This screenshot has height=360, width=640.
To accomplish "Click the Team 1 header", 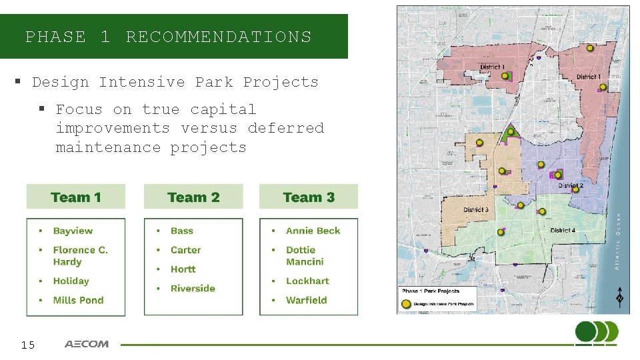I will click(75, 197).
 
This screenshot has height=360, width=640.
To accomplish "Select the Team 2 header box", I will click(193, 197).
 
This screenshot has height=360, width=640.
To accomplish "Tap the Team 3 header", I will click(309, 197).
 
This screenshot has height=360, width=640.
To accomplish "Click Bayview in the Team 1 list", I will click(73, 231).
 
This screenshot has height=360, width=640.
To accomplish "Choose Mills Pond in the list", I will click(78, 300).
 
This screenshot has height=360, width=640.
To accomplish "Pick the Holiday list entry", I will click(71, 281).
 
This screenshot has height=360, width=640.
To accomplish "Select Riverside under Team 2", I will click(193, 288).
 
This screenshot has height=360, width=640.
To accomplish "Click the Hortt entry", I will click(183, 269).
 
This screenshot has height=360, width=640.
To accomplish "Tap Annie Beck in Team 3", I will click(313, 231).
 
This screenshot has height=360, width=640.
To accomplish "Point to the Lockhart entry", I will click(307, 281).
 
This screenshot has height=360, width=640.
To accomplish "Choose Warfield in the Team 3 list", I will click(306, 300).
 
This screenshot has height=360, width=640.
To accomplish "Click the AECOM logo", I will click(87, 345).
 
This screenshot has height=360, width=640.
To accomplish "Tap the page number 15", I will click(27, 345).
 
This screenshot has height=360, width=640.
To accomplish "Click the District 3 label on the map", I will click(476, 210).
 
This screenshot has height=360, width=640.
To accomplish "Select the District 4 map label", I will click(563, 231).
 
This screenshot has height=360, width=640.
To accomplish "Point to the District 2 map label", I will click(571, 185).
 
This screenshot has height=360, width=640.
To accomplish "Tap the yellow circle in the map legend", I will click(406, 303).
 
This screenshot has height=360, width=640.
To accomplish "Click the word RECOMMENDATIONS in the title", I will click(218, 37).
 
